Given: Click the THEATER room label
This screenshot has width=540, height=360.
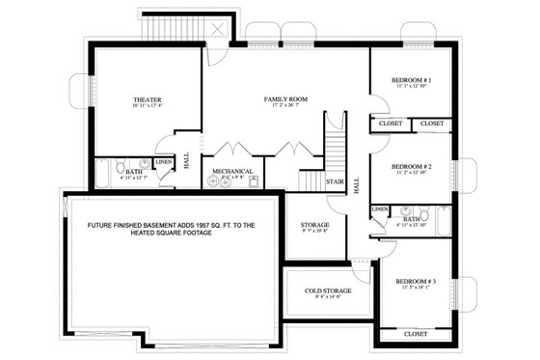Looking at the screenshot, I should point(147,99).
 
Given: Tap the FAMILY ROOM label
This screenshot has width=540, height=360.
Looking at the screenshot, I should point(284,99).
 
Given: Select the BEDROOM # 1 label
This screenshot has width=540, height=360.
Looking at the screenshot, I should point(411,80).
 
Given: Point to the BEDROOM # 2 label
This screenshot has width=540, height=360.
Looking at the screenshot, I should point(411,165).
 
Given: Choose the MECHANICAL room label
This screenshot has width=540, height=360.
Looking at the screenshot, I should point(232,172).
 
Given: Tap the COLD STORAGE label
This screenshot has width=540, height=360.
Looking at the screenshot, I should point(329,290).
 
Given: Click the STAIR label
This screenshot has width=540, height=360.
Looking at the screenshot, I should point(335,180).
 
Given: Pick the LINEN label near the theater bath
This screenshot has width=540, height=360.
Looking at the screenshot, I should point(164,162).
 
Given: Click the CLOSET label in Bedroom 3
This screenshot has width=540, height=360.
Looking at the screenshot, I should point(416,333).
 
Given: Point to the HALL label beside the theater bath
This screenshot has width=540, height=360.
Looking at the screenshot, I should point(186,164).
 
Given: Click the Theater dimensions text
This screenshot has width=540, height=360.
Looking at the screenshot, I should point(147,108).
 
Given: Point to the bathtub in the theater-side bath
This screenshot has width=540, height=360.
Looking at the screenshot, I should point(103,174).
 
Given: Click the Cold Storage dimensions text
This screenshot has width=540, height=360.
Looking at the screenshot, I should point(329,298).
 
